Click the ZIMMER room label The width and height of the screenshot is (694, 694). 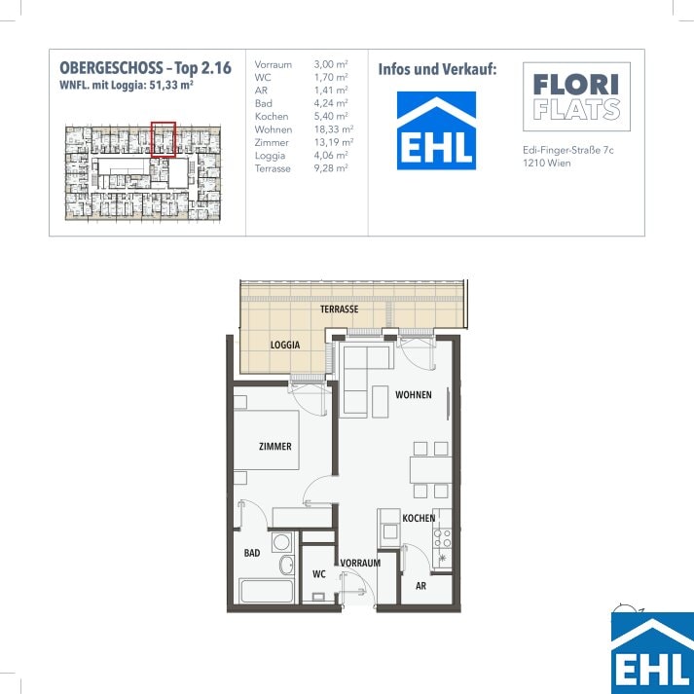274,446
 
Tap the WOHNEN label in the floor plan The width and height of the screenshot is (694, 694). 414,394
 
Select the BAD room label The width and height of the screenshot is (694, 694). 252,553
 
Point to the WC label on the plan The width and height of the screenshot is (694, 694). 318,574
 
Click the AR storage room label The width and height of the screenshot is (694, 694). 420,586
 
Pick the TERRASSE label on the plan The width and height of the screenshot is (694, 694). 339,309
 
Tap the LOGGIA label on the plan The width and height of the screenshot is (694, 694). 285,345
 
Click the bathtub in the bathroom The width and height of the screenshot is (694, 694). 266,591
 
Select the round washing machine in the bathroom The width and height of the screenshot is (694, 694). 282,542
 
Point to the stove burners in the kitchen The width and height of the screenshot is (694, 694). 442,537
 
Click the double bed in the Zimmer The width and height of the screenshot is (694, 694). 266,440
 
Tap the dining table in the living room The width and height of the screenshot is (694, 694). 430,470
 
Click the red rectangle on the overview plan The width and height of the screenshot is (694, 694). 164,139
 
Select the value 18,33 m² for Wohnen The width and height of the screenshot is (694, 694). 333,129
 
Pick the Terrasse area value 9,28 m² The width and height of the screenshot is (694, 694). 331,168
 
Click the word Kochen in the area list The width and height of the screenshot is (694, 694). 272,117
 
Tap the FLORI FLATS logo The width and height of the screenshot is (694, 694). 576,96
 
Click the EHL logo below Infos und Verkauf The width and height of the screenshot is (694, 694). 436,130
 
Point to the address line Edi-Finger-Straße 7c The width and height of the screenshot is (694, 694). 568,150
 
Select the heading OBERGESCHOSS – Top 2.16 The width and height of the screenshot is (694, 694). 146,68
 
